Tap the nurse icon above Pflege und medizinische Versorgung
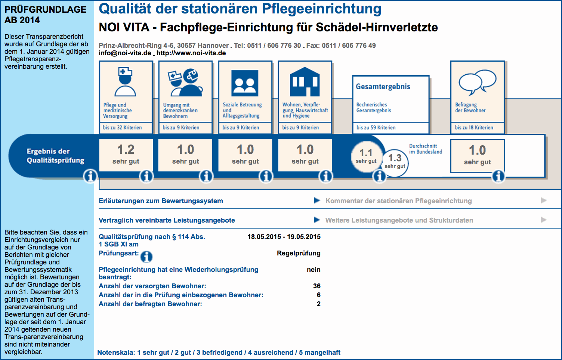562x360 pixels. [x=125, y=82]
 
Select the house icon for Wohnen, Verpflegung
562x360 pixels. [x=305, y=82]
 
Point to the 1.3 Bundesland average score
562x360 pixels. [x=395, y=159]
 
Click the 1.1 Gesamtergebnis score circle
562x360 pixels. [x=366, y=156]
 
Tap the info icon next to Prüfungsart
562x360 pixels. [x=146, y=257]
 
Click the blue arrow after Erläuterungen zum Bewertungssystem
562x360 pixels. [x=317, y=201]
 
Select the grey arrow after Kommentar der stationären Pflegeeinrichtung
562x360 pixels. [x=543, y=201]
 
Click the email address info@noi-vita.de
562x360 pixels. [x=125, y=53]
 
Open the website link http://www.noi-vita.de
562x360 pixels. [x=191, y=53]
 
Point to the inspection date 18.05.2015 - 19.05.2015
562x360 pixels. [x=284, y=237]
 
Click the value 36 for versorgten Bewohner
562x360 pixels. [x=317, y=286]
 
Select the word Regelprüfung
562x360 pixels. [x=299, y=253]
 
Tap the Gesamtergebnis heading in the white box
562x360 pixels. [x=383, y=87]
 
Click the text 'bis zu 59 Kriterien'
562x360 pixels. [x=376, y=128]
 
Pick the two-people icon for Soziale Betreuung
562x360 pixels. [x=245, y=83]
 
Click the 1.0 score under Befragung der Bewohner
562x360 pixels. [x=477, y=151]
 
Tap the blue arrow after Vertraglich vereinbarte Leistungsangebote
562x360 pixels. [x=317, y=220]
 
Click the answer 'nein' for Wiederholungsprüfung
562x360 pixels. [x=314, y=270]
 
